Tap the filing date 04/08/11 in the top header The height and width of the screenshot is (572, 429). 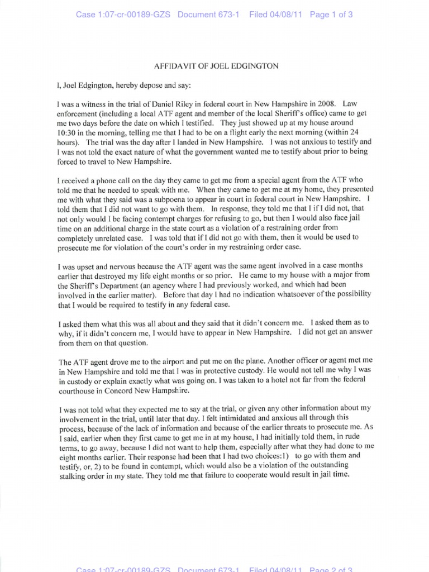pos(285,15)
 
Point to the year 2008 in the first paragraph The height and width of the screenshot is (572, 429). pos(324,104)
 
